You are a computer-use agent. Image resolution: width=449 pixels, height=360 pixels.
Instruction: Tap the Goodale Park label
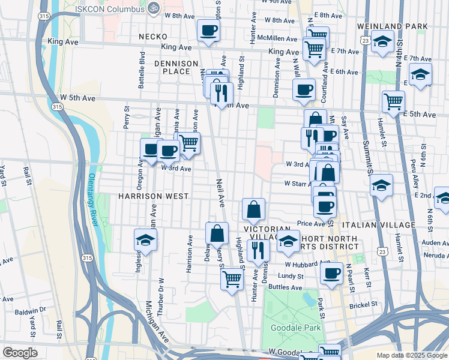coord(295,328)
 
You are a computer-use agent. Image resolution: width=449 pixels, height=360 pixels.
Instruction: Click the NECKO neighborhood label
coord(152,37)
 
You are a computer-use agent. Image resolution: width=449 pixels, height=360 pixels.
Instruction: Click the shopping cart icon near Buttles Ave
coord(232,278)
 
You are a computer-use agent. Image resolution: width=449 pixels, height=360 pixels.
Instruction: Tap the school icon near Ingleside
coord(145,240)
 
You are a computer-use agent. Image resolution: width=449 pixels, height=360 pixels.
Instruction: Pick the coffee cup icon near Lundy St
coord(330,274)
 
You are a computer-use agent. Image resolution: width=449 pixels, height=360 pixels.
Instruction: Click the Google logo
coord(19,353)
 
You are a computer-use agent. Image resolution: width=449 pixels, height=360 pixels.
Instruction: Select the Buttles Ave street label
coord(283,287)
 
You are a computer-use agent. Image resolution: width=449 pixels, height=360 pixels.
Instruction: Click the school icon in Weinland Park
coord(382,41)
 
